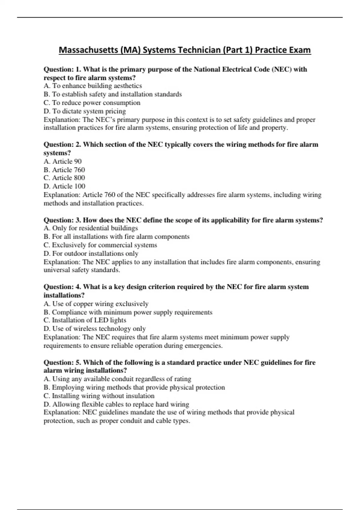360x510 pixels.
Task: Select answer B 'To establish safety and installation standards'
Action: pyautogui.click(x=112, y=94)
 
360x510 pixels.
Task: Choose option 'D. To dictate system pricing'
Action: pyautogui.click(x=85, y=111)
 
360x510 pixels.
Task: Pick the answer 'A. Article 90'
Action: pyautogui.click(x=62, y=161)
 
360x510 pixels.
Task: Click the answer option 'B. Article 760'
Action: pyautogui.click(x=64, y=170)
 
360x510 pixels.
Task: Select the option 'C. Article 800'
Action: pyautogui.click(x=64, y=178)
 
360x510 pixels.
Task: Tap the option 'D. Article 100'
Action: pyautogui.click(x=64, y=186)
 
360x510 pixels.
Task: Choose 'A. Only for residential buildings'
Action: pyautogui.click(x=91, y=228)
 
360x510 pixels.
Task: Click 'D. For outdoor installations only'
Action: pyautogui.click(x=91, y=253)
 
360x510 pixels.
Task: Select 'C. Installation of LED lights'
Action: pyautogui.click(x=85, y=320)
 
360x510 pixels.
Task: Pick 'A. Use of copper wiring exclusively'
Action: pyautogui.click(x=96, y=304)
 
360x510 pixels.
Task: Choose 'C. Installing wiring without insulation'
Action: pyautogui.click(x=99, y=396)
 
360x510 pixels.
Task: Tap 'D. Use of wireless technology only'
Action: pyautogui.click(x=94, y=329)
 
